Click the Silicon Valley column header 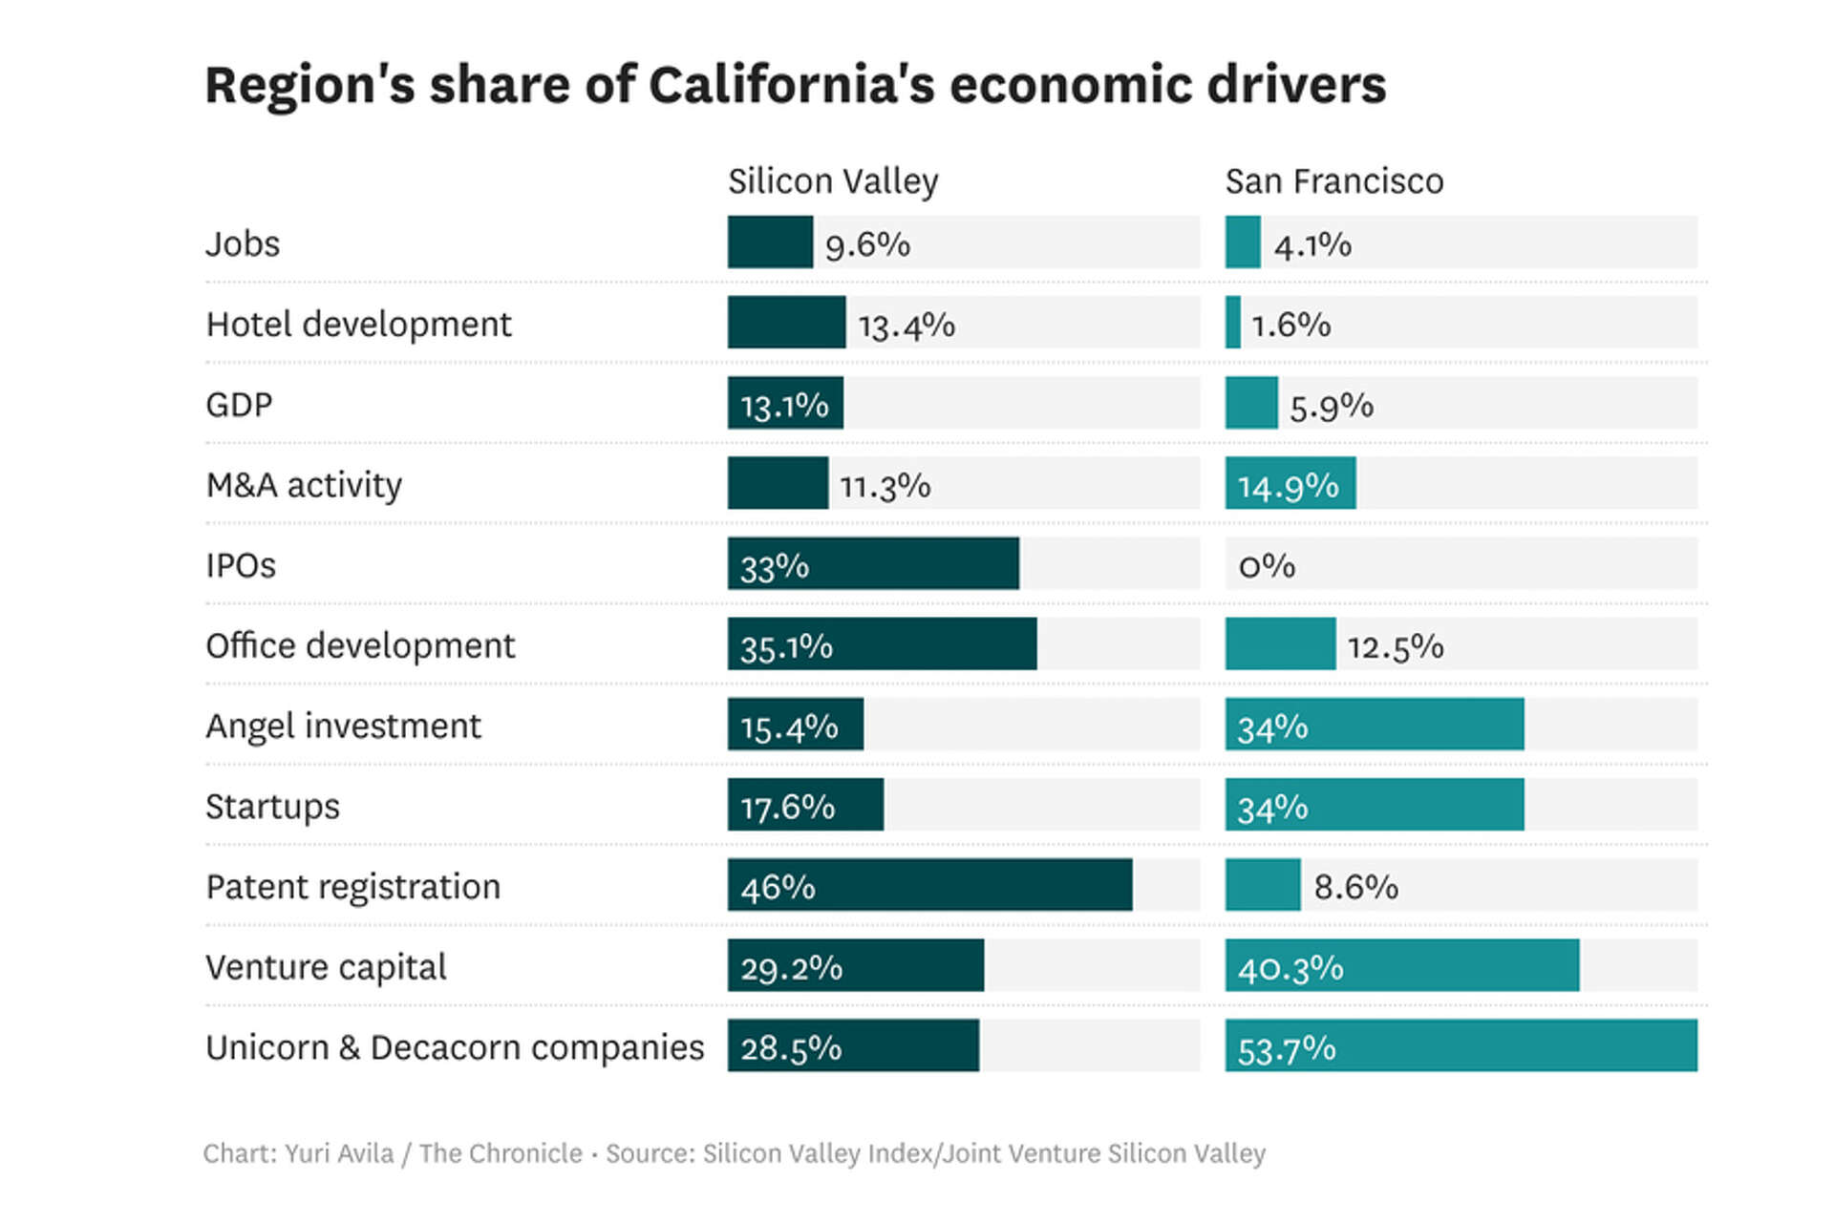point(833,181)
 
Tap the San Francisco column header point(1333,181)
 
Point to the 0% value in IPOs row point(1266,565)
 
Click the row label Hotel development point(358,325)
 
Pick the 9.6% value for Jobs point(867,244)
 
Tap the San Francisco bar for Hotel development point(1233,323)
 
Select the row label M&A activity point(304,485)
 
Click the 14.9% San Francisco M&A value point(1288,486)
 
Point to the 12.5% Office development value point(1395,646)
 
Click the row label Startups point(272,807)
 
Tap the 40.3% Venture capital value point(1290,968)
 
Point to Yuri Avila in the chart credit point(339,1153)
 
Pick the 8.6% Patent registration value point(1355,887)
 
